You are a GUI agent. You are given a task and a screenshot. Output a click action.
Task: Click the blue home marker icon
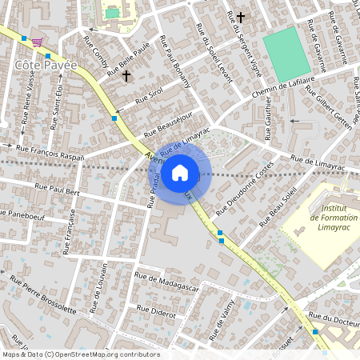[x=180, y=172]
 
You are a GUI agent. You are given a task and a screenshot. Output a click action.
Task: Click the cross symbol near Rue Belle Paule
[x=126, y=76]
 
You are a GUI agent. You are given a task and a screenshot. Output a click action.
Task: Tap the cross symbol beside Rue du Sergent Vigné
[x=239, y=17]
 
